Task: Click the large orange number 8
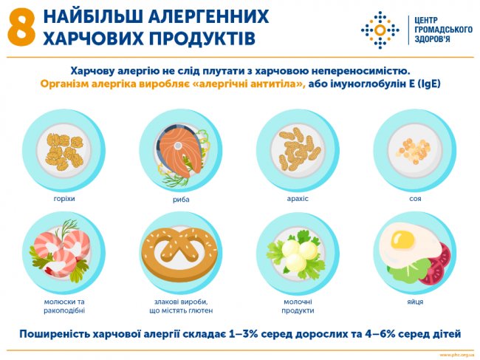pos(21,27)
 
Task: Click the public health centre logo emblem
pos(380,30)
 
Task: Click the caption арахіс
pos(298,199)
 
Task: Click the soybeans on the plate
pos(414,148)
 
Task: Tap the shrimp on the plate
pos(62,251)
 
